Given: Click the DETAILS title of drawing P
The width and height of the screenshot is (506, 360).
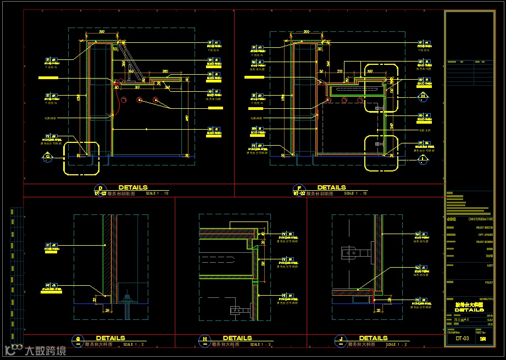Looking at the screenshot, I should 132,187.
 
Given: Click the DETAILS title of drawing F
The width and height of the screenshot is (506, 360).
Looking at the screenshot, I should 331,187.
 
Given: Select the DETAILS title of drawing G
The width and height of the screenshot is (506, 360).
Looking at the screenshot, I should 110,338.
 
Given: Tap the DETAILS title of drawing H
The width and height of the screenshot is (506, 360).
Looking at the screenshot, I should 237,338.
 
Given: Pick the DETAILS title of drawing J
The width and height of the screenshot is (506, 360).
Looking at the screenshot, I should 373,338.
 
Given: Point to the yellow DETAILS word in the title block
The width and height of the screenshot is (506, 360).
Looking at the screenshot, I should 469,310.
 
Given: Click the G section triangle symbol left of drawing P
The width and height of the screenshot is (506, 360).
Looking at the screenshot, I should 48,158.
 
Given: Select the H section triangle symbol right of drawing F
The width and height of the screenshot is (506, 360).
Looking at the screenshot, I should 422,97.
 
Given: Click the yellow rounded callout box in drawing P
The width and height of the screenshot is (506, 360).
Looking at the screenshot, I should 81,158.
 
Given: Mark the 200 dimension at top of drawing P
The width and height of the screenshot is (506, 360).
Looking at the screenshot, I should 101,32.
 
